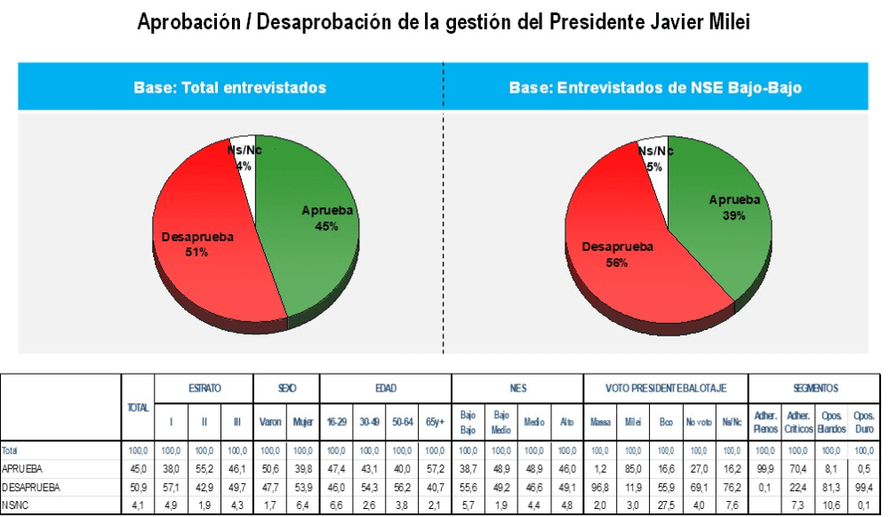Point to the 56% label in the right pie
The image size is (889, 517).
[618, 263]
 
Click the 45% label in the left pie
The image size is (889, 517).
[326, 226]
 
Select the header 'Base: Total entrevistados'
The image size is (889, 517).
[230, 87]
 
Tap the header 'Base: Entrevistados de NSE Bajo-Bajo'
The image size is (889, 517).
[656, 87]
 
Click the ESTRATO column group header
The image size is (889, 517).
[204, 389]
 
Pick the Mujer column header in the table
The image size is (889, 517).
[302, 421]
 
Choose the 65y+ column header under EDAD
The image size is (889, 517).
[435, 421]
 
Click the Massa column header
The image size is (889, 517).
[600, 421]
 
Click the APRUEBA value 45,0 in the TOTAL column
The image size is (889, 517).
[137, 469]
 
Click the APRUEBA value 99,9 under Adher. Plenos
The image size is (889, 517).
[765, 469]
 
